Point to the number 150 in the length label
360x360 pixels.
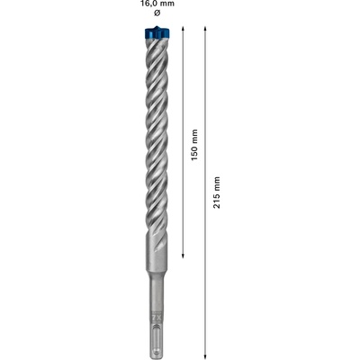point(194,148)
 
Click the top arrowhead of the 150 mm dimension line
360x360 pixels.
point(183,31)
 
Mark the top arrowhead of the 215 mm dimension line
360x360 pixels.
point(205,31)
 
